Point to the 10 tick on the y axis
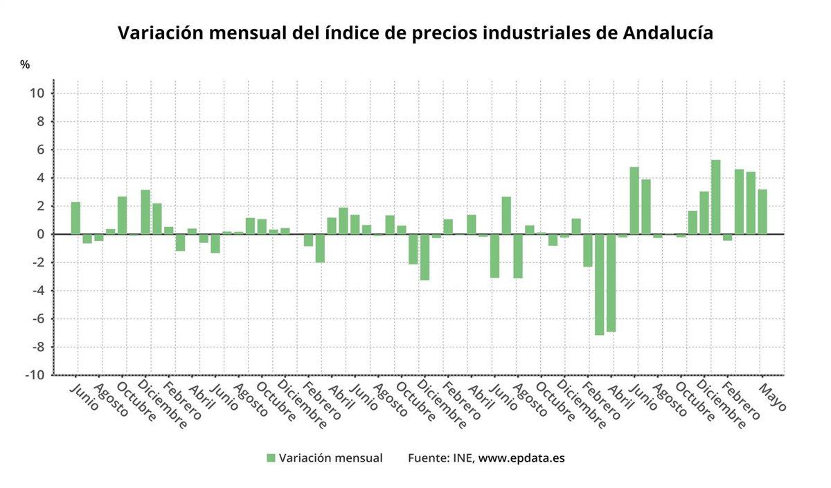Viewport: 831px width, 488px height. (x=38, y=93)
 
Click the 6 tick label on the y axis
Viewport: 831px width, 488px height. (x=42, y=150)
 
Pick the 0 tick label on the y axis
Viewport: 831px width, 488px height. (x=42, y=234)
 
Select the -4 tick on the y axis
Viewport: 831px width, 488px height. (x=38, y=291)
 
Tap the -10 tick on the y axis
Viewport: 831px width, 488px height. (x=36, y=375)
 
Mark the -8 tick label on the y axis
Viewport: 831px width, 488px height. (x=38, y=347)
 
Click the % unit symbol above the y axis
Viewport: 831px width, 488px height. (x=25, y=64)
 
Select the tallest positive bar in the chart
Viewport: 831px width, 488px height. (x=716, y=197)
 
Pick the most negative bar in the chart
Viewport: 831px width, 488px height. (x=599, y=284)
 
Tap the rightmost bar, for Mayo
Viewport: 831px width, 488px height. (x=762, y=212)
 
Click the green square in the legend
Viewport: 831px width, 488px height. (x=271, y=458)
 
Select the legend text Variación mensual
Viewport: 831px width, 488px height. (x=330, y=458)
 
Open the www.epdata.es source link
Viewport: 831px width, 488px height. (x=521, y=458)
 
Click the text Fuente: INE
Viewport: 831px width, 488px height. (x=440, y=458)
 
